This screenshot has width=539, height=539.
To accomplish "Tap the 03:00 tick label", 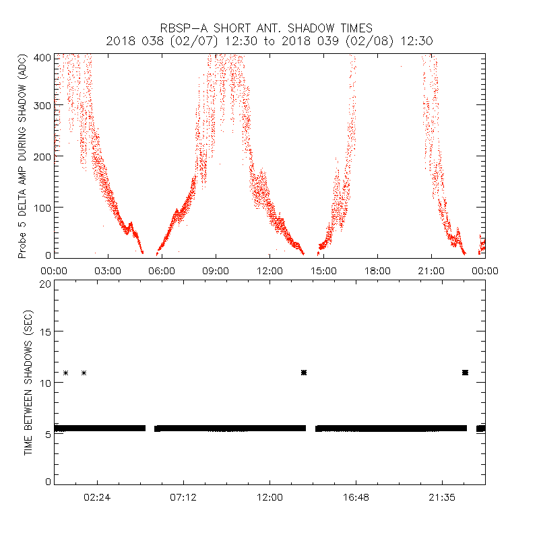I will click(x=108, y=271).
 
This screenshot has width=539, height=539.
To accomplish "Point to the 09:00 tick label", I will click(x=216, y=271).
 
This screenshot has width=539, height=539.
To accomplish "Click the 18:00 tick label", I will click(x=377, y=271).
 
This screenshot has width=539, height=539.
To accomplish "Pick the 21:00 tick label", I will click(x=431, y=271).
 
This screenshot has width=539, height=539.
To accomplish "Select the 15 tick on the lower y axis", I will click(x=44, y=331).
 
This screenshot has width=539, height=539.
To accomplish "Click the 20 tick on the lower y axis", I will click(x=44, y=284).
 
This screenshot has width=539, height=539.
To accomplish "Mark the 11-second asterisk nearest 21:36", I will click(x=465, y=373).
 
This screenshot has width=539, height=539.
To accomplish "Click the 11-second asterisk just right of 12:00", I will click(x=304, y=373).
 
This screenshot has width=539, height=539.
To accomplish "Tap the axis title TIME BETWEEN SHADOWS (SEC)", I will click(x=28, y=382).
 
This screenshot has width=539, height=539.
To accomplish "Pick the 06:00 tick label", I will click(x=162, y=271).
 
